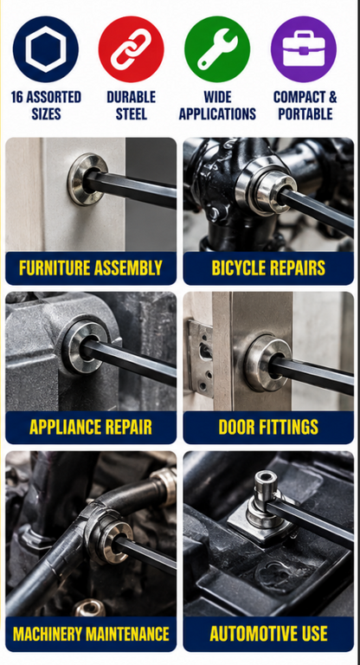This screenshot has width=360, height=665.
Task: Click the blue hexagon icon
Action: (x=45, y=49)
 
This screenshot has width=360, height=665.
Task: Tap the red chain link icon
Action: (x=131, y=49)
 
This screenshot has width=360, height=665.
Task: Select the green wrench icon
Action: (x=217, y=49)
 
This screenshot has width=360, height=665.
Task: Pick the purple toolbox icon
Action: (x=304, y=49)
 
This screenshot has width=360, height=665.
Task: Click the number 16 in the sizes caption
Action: (x=17, y=97)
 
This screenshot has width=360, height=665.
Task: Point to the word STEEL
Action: (x=132, y=113)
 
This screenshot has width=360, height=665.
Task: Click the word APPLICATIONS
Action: (x=217, y=113)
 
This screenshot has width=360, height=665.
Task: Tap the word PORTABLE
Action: (x=305, y=113)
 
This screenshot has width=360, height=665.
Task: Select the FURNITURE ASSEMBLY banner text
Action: (x=91, y=268)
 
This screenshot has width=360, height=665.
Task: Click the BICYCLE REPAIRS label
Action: (x=268, y=268)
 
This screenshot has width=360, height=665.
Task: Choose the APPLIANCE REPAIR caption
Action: (x=91, y=428)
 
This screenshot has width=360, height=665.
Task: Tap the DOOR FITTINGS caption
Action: (x=268, y=428)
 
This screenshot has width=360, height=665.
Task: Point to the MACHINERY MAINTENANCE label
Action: (x=91, y=634)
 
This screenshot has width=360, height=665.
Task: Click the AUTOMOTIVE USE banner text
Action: (x=268, y=634)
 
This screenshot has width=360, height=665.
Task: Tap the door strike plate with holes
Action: (x=201, y=356)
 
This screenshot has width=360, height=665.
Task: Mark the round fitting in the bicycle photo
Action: (x=267, y=188)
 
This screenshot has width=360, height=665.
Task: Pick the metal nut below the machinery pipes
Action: (x=90, y=608)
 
